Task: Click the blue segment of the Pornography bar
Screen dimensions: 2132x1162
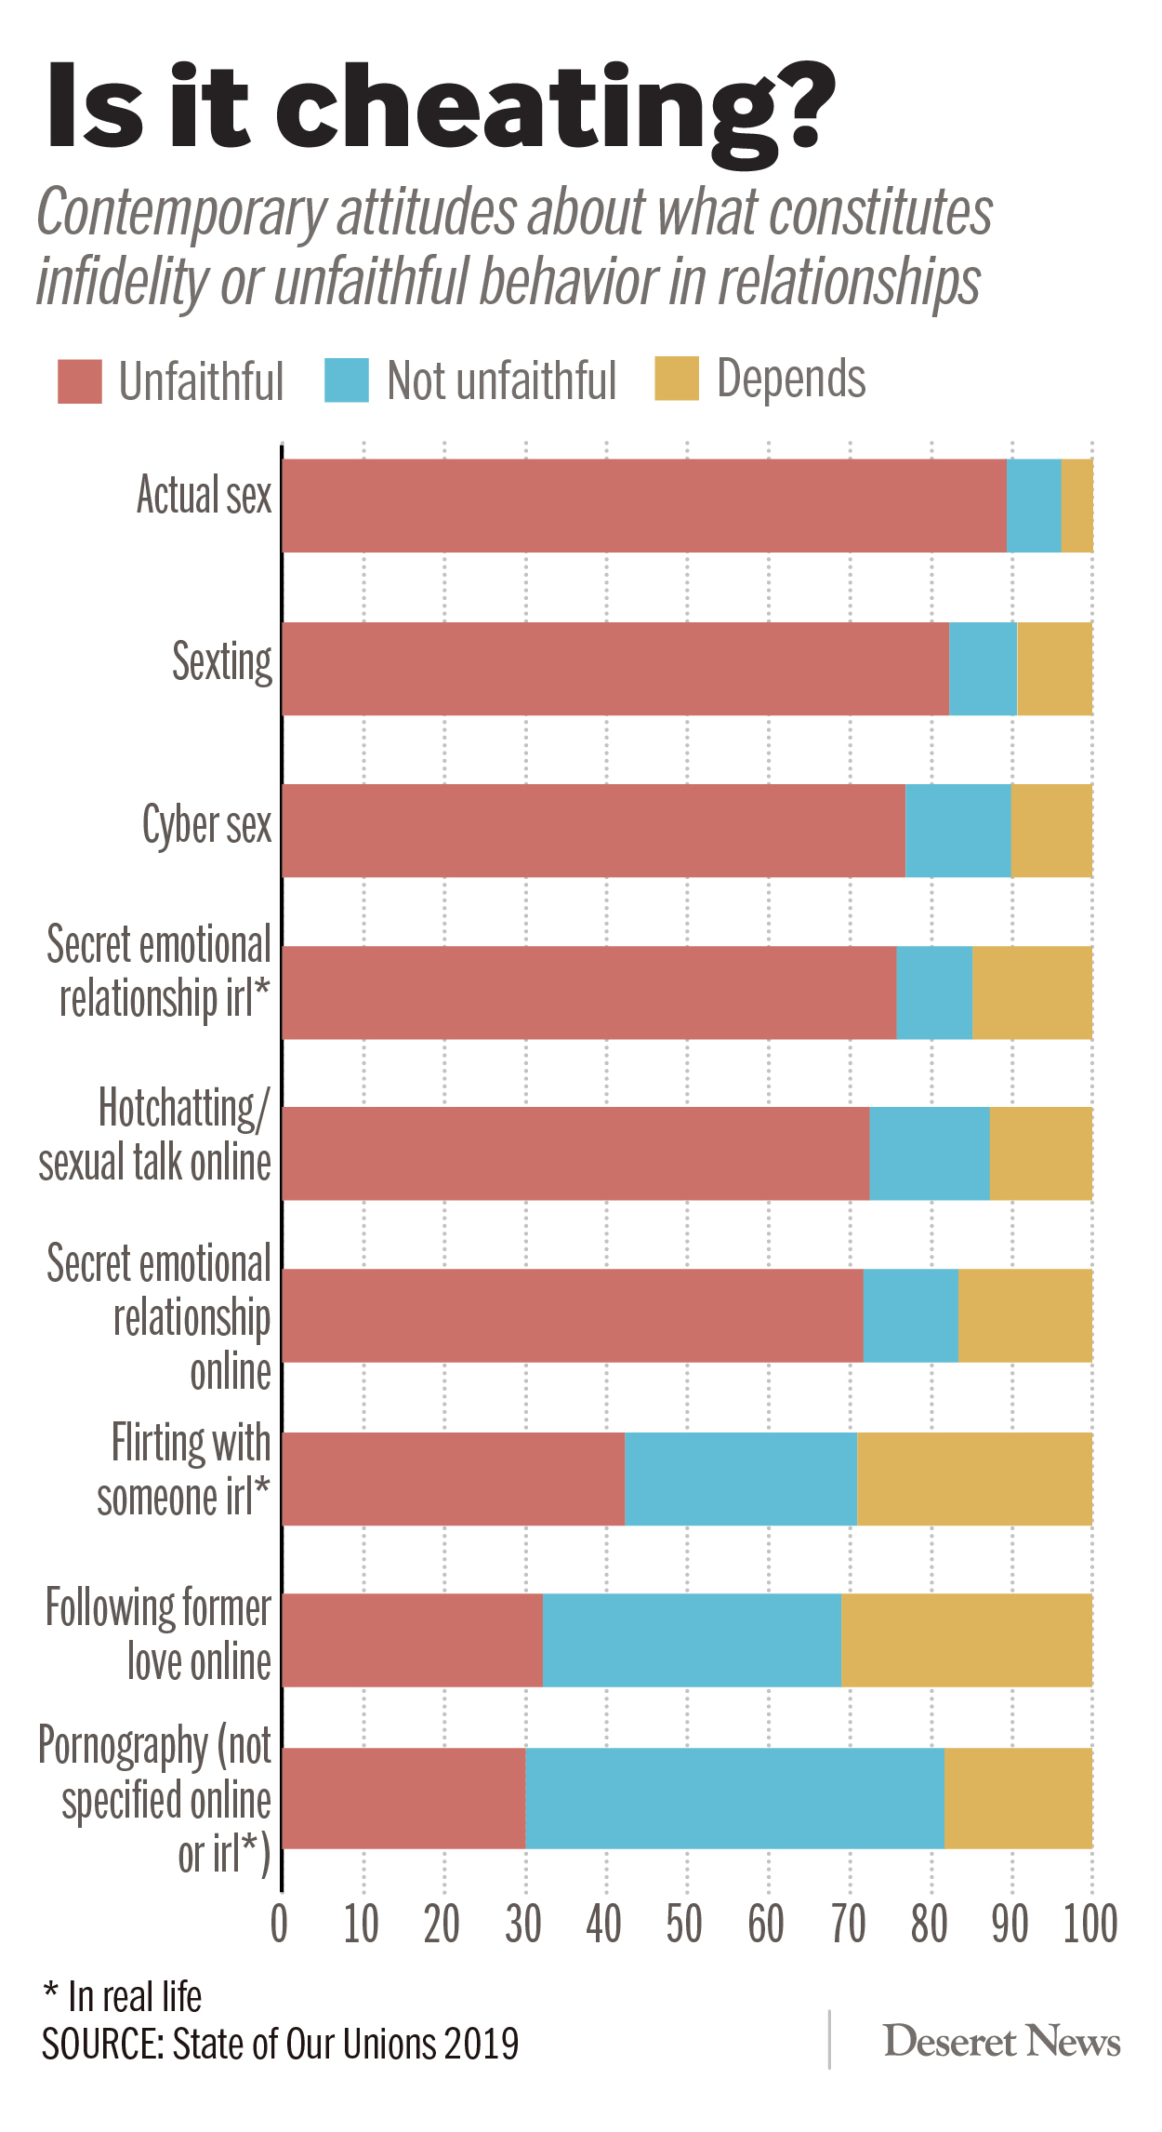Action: coord(734,1798)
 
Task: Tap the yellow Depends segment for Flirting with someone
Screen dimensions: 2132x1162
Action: coord(974,1478)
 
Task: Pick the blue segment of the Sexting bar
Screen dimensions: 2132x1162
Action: coord(983,668)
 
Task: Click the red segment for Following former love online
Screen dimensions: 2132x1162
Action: coord(412,1640)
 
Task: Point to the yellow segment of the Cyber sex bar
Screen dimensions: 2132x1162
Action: coord(1051,830)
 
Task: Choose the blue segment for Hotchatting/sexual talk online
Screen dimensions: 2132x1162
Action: coord(929,1153)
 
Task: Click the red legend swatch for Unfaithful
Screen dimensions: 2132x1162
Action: coord(79,380)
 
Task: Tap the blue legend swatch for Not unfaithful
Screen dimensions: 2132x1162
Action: coord(346,380)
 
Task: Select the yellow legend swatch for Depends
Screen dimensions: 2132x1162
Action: coord(676,379)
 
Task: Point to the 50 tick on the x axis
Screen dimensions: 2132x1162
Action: coord(685,1924)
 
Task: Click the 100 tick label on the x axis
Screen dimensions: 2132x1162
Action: coord(1089,1924)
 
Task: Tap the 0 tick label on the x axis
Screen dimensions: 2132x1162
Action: coord(279,1924)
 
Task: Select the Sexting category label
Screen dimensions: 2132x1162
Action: coord(222,662)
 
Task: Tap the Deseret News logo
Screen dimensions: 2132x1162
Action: coord(1001,2041)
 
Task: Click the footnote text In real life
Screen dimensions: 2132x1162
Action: coord(135,1996)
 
